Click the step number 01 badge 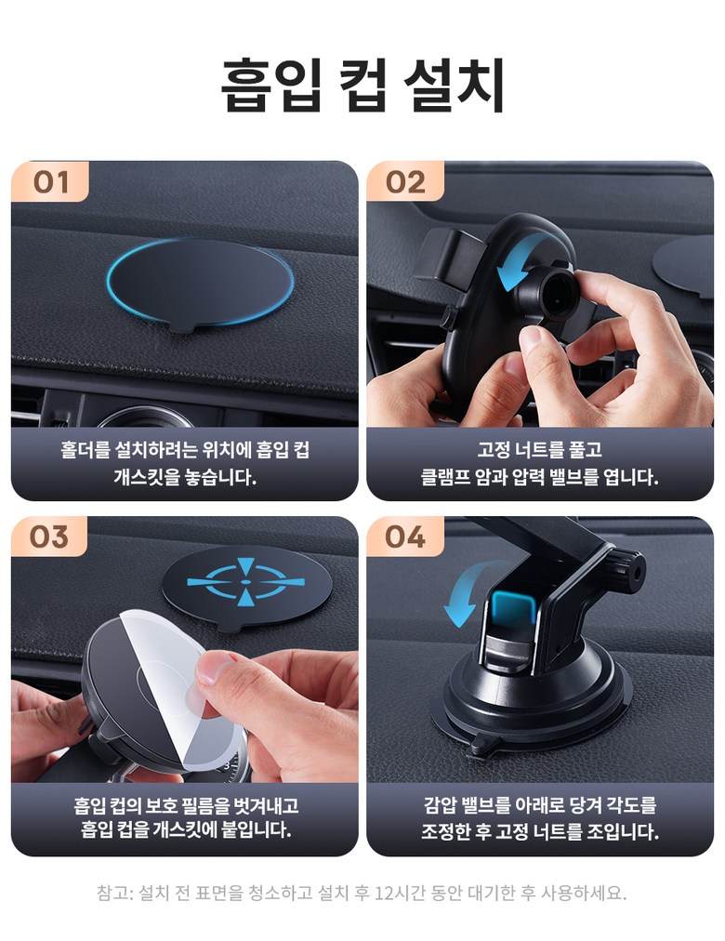(50, 181)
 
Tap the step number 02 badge (405, 181)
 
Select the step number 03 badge (49, 537)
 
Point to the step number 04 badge (405, 537)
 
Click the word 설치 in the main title (454, 85)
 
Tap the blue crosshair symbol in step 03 (245, 582)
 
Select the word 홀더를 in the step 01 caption (84, 449)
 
